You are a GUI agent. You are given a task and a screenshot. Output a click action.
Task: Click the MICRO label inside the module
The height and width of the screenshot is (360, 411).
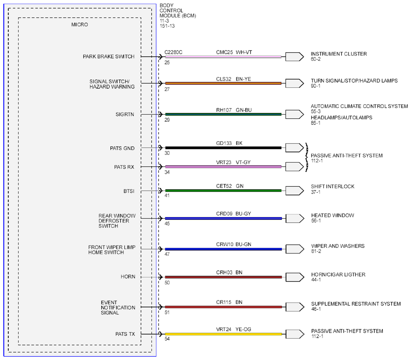[79, 25]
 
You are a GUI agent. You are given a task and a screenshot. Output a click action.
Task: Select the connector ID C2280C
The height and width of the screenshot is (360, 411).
[173, 52]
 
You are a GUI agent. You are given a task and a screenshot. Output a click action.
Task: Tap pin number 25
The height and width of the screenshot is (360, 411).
[167, 62]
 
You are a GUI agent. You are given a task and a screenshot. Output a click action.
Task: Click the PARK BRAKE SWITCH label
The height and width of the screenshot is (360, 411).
[108, 56]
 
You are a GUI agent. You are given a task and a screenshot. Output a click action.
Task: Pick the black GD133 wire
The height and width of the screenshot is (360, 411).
[224, 148]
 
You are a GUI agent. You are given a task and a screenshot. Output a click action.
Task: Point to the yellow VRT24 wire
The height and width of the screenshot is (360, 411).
[224, 334]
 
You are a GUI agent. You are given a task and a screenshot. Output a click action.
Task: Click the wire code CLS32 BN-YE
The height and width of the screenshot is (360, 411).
[234, 79]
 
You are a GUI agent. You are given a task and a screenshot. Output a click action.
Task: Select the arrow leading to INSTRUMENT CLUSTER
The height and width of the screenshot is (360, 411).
[295, 56]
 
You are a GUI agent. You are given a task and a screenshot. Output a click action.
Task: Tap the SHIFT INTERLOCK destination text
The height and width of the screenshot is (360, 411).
[332, 187]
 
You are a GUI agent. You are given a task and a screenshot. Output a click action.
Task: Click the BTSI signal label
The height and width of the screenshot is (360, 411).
[129, 191]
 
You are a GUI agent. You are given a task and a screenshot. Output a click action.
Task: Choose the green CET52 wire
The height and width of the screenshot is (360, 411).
[224, 191]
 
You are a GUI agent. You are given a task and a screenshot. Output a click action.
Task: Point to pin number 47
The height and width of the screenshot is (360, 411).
[167, 254]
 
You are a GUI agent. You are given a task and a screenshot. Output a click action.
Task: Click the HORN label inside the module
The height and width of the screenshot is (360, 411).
[128, 277]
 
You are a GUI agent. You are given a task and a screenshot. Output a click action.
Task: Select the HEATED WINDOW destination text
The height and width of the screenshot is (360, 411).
[332, 215]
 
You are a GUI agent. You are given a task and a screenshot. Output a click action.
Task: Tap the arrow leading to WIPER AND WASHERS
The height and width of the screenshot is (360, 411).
[295, 249]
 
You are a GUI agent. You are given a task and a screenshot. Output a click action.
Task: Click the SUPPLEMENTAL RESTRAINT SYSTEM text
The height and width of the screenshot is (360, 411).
[356, 304]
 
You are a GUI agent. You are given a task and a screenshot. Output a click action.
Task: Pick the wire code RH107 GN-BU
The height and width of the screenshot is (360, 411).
[234, 110]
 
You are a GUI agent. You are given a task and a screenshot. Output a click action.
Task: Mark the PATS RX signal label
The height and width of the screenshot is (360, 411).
[124, 167]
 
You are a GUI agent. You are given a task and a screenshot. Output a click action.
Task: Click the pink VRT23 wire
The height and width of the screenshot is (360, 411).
[224, 167]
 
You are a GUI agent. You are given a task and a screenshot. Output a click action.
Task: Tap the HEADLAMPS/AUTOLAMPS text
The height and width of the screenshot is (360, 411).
[341, 117]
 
